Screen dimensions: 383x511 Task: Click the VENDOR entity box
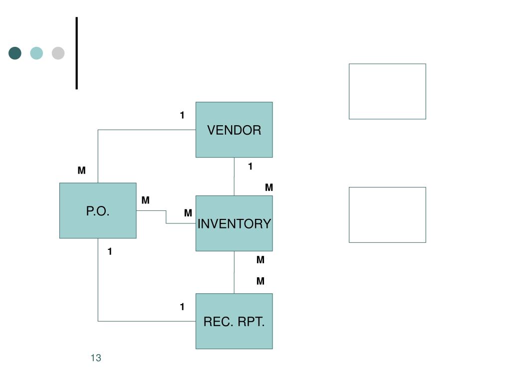coord(234,130)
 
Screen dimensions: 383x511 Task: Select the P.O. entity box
coord(98,210)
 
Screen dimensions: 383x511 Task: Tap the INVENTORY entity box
coord(234,223)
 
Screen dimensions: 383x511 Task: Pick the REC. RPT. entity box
coord(234,321)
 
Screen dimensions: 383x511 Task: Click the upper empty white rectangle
coord(387,91)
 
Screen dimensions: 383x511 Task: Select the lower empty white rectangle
coord(387,215)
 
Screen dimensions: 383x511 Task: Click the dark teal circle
coord(15,53)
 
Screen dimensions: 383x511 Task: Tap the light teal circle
coord(36,53)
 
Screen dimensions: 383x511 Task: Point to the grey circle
coord(58,53)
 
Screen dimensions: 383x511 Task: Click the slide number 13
coord(96,358)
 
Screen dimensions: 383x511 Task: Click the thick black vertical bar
coord(77,53)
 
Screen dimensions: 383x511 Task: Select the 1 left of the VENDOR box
coord(182,116)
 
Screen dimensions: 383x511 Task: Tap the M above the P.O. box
coord(81,171)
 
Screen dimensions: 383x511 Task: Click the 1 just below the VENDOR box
coord(251,167)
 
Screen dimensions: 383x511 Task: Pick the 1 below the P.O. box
coord(110,252)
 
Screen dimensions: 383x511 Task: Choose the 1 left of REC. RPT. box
coord(182,307)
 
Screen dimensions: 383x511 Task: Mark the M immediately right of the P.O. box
coord(145,200)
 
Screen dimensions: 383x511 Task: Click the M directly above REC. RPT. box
coord(260,281)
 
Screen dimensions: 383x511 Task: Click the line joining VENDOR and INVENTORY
coord(234,177)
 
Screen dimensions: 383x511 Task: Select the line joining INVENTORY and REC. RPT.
coord(234,272)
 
